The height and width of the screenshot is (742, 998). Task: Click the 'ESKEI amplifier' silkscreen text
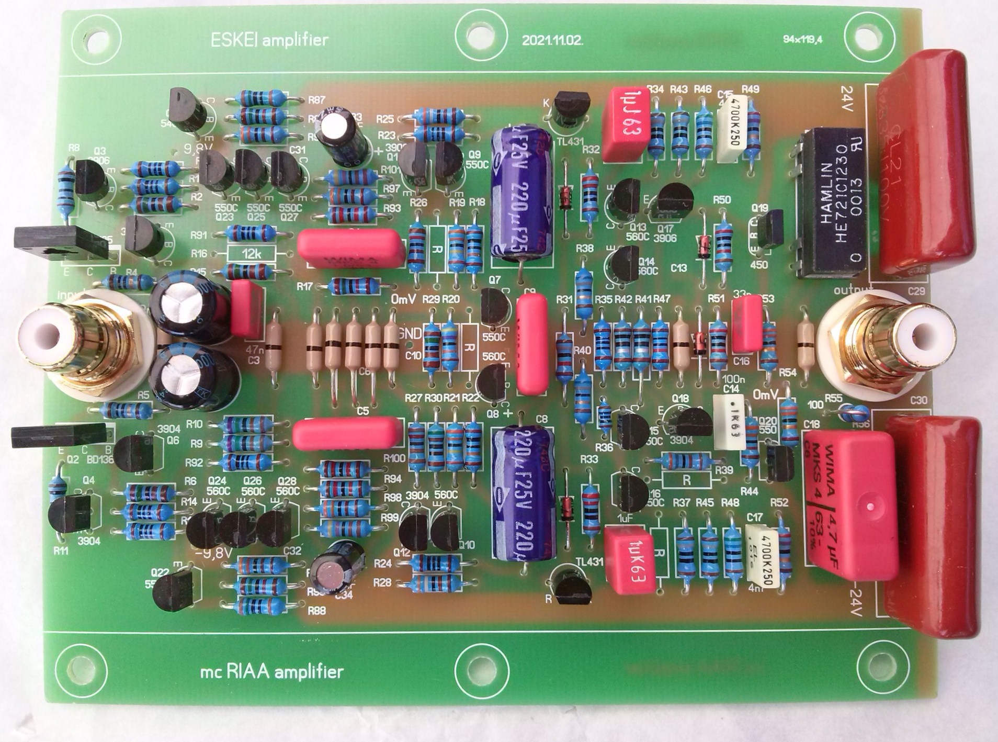[269, 40]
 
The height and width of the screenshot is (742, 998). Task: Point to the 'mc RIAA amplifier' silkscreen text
[271, 672]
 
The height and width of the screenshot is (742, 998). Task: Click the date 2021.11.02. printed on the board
[552, 41]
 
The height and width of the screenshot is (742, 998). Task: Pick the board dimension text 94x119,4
[803, 39]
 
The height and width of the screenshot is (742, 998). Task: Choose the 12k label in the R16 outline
[252, 254]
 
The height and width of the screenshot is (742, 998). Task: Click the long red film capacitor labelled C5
[348, 434]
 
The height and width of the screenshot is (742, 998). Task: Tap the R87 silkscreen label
[316, 99]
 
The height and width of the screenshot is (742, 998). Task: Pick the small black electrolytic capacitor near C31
[341, 135]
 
